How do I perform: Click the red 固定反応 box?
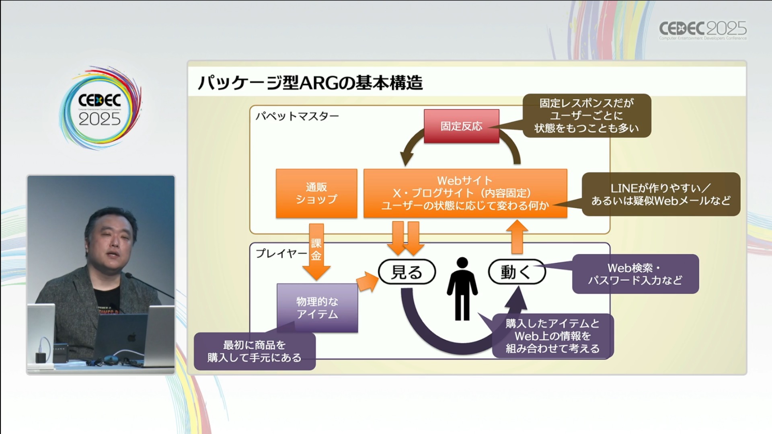click(461, 126)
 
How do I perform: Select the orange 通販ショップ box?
click(316, 193)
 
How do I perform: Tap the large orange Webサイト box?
click(465, 193)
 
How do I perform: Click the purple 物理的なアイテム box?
click(317, 308)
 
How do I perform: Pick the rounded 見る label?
click(407, 272)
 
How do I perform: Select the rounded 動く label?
click(516, 272)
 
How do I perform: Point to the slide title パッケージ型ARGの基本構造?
click(310, 83)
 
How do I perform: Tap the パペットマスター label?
click(297, 117)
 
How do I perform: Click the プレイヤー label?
click(281, 253)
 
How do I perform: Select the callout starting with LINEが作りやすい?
click(661, 194)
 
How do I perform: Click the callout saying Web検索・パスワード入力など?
click(635, 274)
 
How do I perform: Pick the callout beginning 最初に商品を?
click(255, 351)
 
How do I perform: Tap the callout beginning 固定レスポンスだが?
click(586, 116)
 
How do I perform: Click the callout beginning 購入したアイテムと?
click(552, 336)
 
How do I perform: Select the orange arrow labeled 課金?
click(316, 251)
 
